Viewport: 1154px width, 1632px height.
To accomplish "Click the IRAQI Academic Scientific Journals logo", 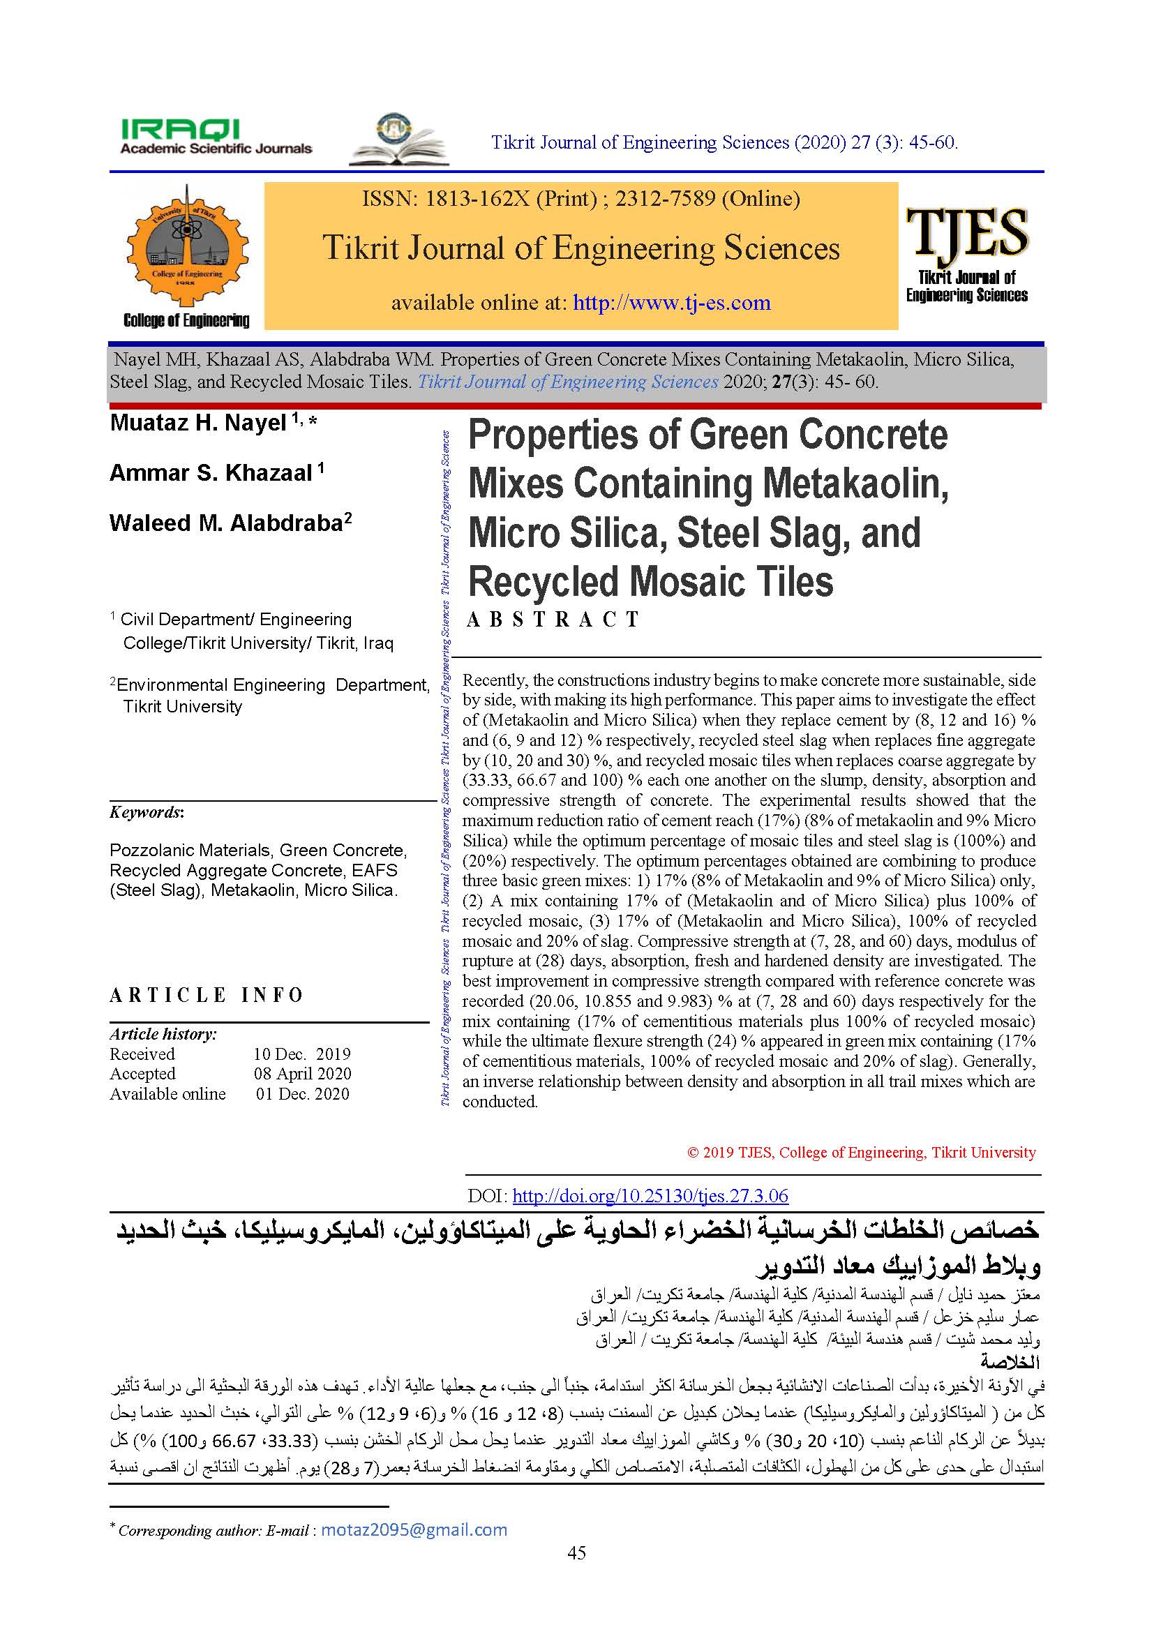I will point(216,137).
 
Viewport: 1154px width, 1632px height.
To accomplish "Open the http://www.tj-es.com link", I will point(671,303).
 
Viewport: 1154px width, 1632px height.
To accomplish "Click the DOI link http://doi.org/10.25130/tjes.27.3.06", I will point(650,1196).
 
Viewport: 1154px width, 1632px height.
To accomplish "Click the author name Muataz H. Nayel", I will point(197,423).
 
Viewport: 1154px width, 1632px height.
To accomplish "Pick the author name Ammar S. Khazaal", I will point(210,472).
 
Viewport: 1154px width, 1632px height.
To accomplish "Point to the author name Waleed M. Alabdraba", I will point(226,523).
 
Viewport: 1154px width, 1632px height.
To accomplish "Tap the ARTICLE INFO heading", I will point(206,994).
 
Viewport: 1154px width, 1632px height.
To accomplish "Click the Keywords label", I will point(147,812).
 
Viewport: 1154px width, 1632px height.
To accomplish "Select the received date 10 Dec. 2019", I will point(302,1054).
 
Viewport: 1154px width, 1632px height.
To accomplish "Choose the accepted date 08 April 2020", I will point(302,1073).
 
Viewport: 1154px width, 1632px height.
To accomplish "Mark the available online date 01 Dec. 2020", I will point(303,1093).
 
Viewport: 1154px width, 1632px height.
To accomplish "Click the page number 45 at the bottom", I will point(577,1572).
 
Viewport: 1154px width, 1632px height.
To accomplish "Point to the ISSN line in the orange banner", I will point(580,198).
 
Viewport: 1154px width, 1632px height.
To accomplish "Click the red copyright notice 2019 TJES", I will point(861,1152).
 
